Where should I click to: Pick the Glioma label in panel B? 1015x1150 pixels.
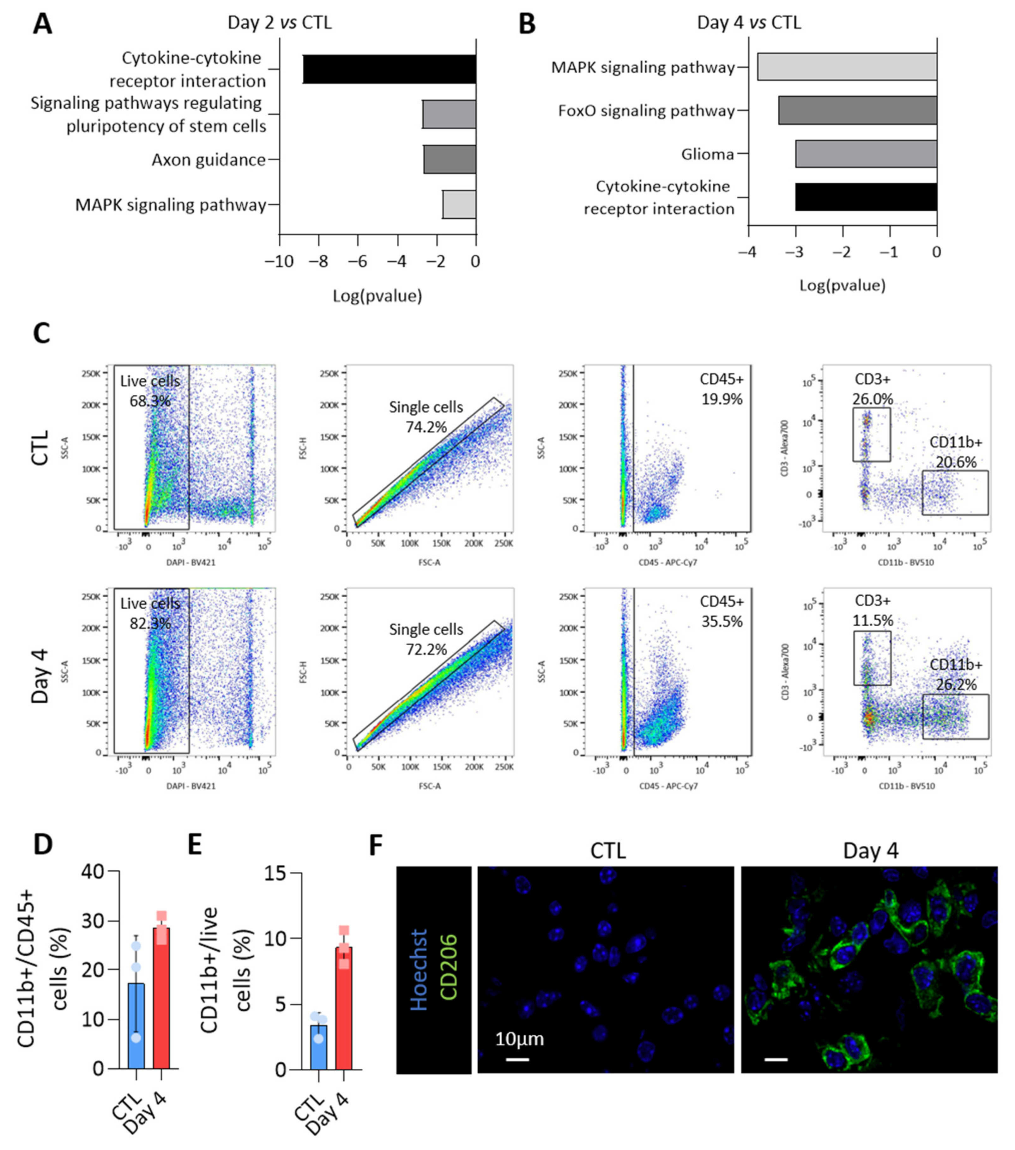tap(707, 154)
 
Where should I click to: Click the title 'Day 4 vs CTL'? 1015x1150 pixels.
tap(748, 22)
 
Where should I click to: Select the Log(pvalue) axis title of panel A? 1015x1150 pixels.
tap(377, 296)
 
